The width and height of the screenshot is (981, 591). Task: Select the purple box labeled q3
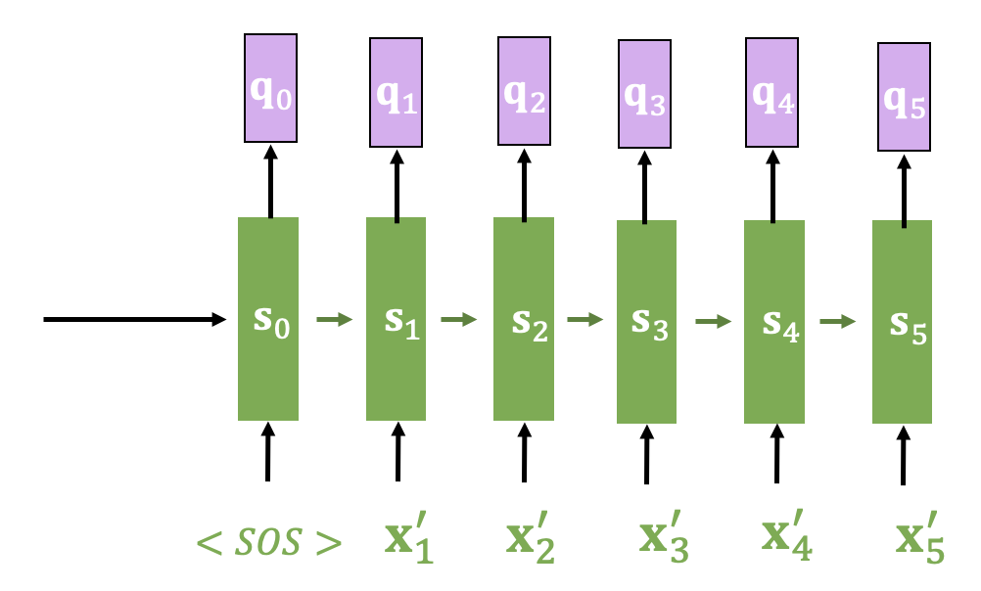pos(644,95)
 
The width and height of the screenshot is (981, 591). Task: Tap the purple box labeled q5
pos(904,97)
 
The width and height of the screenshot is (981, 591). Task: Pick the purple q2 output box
pos(525,90)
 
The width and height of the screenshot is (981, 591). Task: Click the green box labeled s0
pos(268,319)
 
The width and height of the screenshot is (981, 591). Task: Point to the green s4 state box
pos(774,321)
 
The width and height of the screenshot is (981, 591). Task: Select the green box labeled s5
pos(903,321)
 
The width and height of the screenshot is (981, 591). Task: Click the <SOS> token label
pos(268,542)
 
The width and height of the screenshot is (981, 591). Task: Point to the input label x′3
pos(663,542)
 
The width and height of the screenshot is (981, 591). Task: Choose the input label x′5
pos(919,542)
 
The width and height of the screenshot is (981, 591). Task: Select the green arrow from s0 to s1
pos(333,319)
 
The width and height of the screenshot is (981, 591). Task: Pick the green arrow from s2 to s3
pos(584,319)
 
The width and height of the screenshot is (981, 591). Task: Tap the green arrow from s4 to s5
pos(838,320)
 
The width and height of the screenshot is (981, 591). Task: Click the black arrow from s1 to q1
pos(397,183)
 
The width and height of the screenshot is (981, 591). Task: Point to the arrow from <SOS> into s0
pos(267,451)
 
